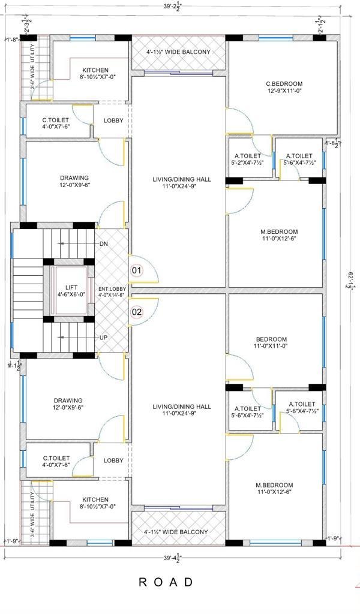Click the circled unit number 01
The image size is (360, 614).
tap(137, 270)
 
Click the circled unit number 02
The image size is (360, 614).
tap(137, 312)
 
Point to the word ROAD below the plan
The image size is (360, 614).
tap(166, 582)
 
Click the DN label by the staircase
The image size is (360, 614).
tap(104, 244)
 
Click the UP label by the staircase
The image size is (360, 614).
tap(104, 338)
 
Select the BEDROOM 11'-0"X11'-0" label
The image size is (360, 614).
tap(271, 342)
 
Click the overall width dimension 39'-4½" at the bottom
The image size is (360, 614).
tap(173, 557)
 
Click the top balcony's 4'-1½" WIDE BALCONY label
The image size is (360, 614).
tap(178, 52)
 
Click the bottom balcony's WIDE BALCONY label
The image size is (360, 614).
tap(176, 532)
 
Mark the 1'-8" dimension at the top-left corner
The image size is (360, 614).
tap(12, 40)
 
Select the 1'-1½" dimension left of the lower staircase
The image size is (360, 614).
tap(14, 365)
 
